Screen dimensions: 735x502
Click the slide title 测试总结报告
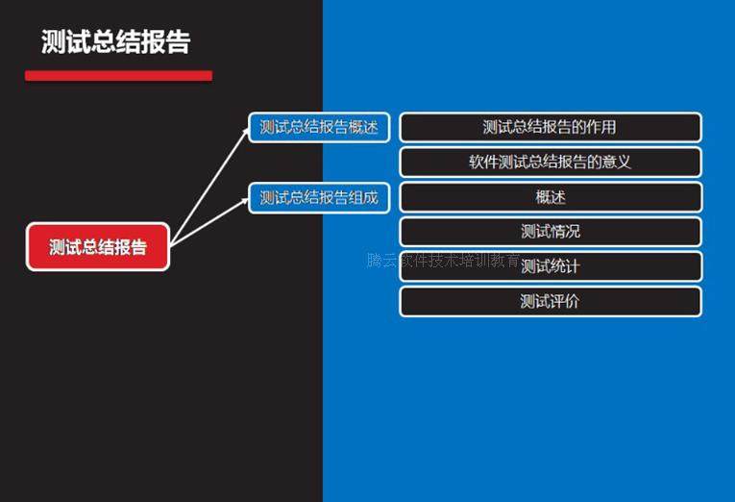click(x=115, y=42)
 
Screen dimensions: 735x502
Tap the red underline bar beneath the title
click(x=118, y=76)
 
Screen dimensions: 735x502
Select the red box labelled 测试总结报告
click(x=98, y=247)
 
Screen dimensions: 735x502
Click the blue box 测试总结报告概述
click(x=319, y=127)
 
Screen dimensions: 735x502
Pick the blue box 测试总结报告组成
click(x=319, y=198)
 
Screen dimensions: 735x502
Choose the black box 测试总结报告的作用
click(x=550, y=127)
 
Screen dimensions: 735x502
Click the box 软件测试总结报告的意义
click(x=550, y=162)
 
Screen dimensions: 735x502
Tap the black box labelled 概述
click(x=550, y=197)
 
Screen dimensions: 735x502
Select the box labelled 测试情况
click(x=550, y=232)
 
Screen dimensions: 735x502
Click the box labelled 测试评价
click(x=550, y=301)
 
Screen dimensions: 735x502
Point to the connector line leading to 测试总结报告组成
click(x=209, y=222)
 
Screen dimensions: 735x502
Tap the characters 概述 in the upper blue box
click(x=362, y=127)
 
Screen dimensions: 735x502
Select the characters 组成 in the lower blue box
click(x=362, y=198)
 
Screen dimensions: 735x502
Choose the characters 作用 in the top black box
click(x=601, y=127)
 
